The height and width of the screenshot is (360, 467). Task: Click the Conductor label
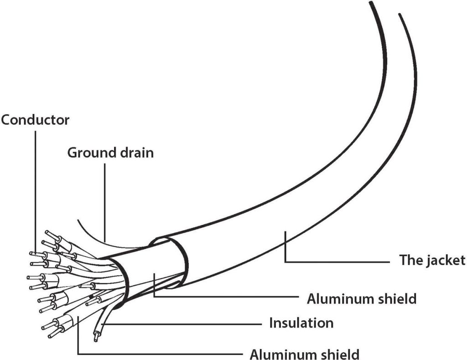click(35, 120)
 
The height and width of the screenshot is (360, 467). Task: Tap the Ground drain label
click(110, 152)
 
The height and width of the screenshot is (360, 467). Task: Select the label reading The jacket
click(432, 260)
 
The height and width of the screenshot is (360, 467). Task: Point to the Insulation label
click(301, 323)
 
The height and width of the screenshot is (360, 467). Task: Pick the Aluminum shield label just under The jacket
click(362, 298)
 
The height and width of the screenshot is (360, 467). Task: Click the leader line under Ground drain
click(104, 201)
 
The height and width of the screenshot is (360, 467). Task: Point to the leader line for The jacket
click(337, 262)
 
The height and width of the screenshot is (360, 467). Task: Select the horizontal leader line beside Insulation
click(182, 324)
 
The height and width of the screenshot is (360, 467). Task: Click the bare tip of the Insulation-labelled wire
click(96, 338)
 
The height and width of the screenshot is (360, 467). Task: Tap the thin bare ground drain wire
click(91, 232)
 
